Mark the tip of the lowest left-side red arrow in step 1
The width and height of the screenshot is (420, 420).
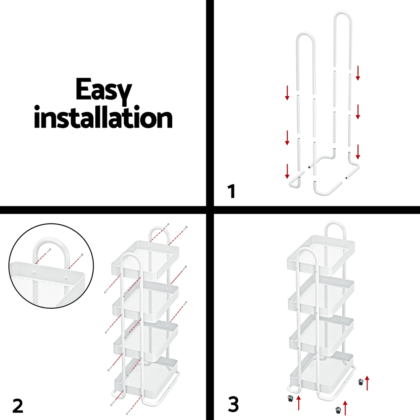tap(287, 178)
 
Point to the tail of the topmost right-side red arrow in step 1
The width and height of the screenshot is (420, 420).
tap(357, 66)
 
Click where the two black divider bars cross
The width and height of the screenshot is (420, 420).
tap(210, 210)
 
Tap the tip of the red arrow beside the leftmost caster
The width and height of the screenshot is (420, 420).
tap(299, 396)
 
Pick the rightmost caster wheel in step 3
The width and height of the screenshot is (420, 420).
tap(361, 382)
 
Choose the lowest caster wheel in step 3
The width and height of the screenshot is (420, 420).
tap(338, 410)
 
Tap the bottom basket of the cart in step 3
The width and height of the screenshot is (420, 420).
tap(322, 369)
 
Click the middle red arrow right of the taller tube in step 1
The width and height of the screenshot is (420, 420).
tap(357, 112)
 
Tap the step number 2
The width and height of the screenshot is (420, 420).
tap(18, 406)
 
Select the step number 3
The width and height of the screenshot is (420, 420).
tap(233, 405)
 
